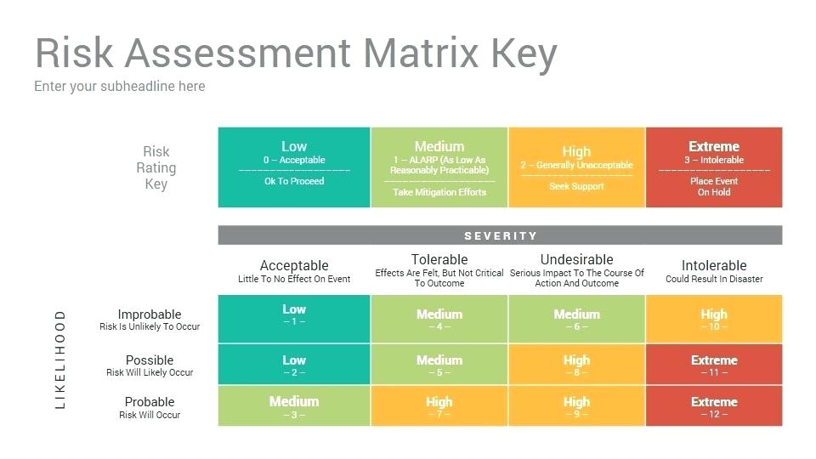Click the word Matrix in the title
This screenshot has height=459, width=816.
[421, 52]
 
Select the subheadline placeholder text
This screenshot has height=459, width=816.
[120, 87]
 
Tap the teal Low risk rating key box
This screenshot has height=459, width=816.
[294, 167]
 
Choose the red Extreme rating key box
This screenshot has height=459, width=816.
[714, 167]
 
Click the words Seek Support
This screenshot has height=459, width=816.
[576, 186]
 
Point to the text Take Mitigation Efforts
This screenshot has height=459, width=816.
[439, 192]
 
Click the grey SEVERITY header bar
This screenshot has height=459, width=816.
[500, 235]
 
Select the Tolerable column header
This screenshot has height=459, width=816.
[439, 260]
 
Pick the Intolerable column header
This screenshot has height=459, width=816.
[714, 265]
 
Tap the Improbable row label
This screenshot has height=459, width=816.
[150, 314]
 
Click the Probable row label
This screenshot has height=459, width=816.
[150, 402]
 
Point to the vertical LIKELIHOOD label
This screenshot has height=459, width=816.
[60, 360]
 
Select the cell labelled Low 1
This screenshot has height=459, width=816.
[294, 319]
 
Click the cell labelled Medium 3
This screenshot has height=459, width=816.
[294, 406]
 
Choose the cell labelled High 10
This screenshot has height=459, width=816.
[714, 319]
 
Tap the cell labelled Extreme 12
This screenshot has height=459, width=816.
[714, 406]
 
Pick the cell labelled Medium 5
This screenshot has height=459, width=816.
[439, 365]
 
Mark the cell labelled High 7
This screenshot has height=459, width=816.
[439, 406]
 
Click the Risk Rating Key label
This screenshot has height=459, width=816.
[156, 167]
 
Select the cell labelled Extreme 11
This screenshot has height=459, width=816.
[714, 365]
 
